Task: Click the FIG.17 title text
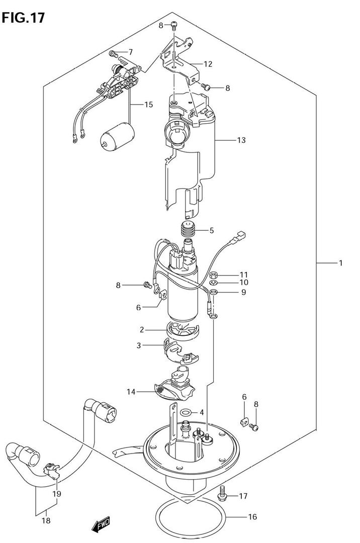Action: [x=23, y=18]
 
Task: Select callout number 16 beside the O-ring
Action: [x=253, y=517]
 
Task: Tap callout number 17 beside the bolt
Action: [x=243, y=496]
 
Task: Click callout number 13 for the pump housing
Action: [x=241, y=140]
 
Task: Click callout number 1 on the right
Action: [x=340, y=263]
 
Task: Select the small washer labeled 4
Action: [x=186, y=412]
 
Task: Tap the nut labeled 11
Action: [x=214, y=276]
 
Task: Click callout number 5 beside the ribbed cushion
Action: [x=212, y=231]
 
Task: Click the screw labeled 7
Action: [x=113, y=54]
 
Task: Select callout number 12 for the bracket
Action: [x=208, y=64]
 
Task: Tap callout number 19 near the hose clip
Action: [x=57, y=494]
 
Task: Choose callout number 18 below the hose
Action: [x=46, y=520]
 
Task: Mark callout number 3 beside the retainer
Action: [x=139, y=345]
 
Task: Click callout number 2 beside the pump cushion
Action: [x=142, y=330]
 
